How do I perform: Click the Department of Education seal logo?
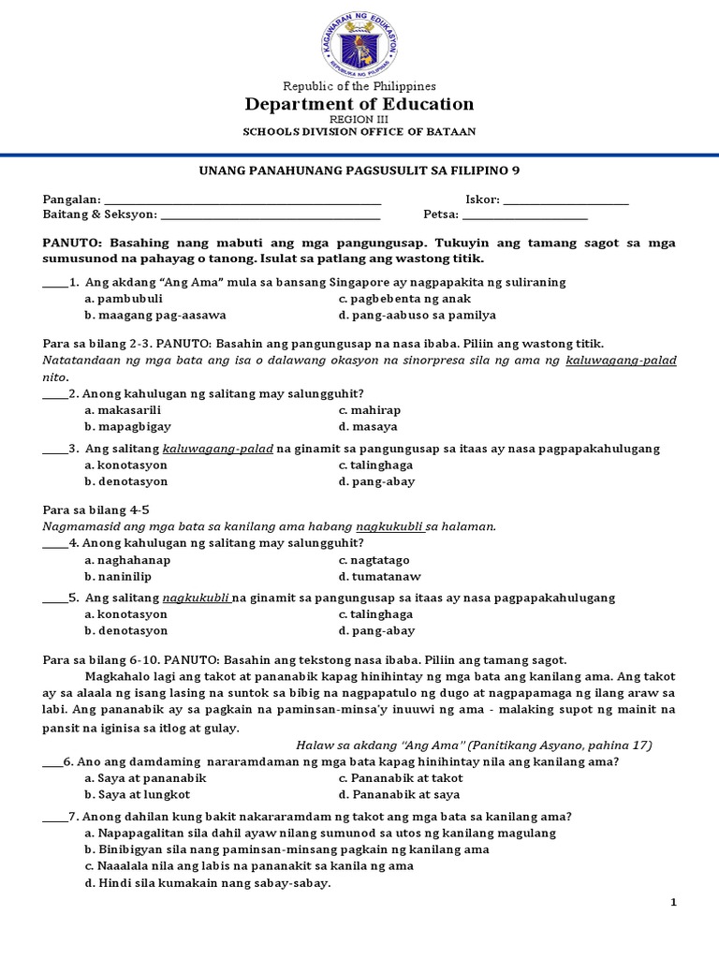359,43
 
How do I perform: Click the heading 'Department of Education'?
359,104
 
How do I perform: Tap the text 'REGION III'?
359,120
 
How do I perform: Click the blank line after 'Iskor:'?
565,200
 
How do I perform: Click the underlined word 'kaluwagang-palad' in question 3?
217,449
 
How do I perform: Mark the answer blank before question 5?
55,598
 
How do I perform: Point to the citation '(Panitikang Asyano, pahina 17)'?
573,745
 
